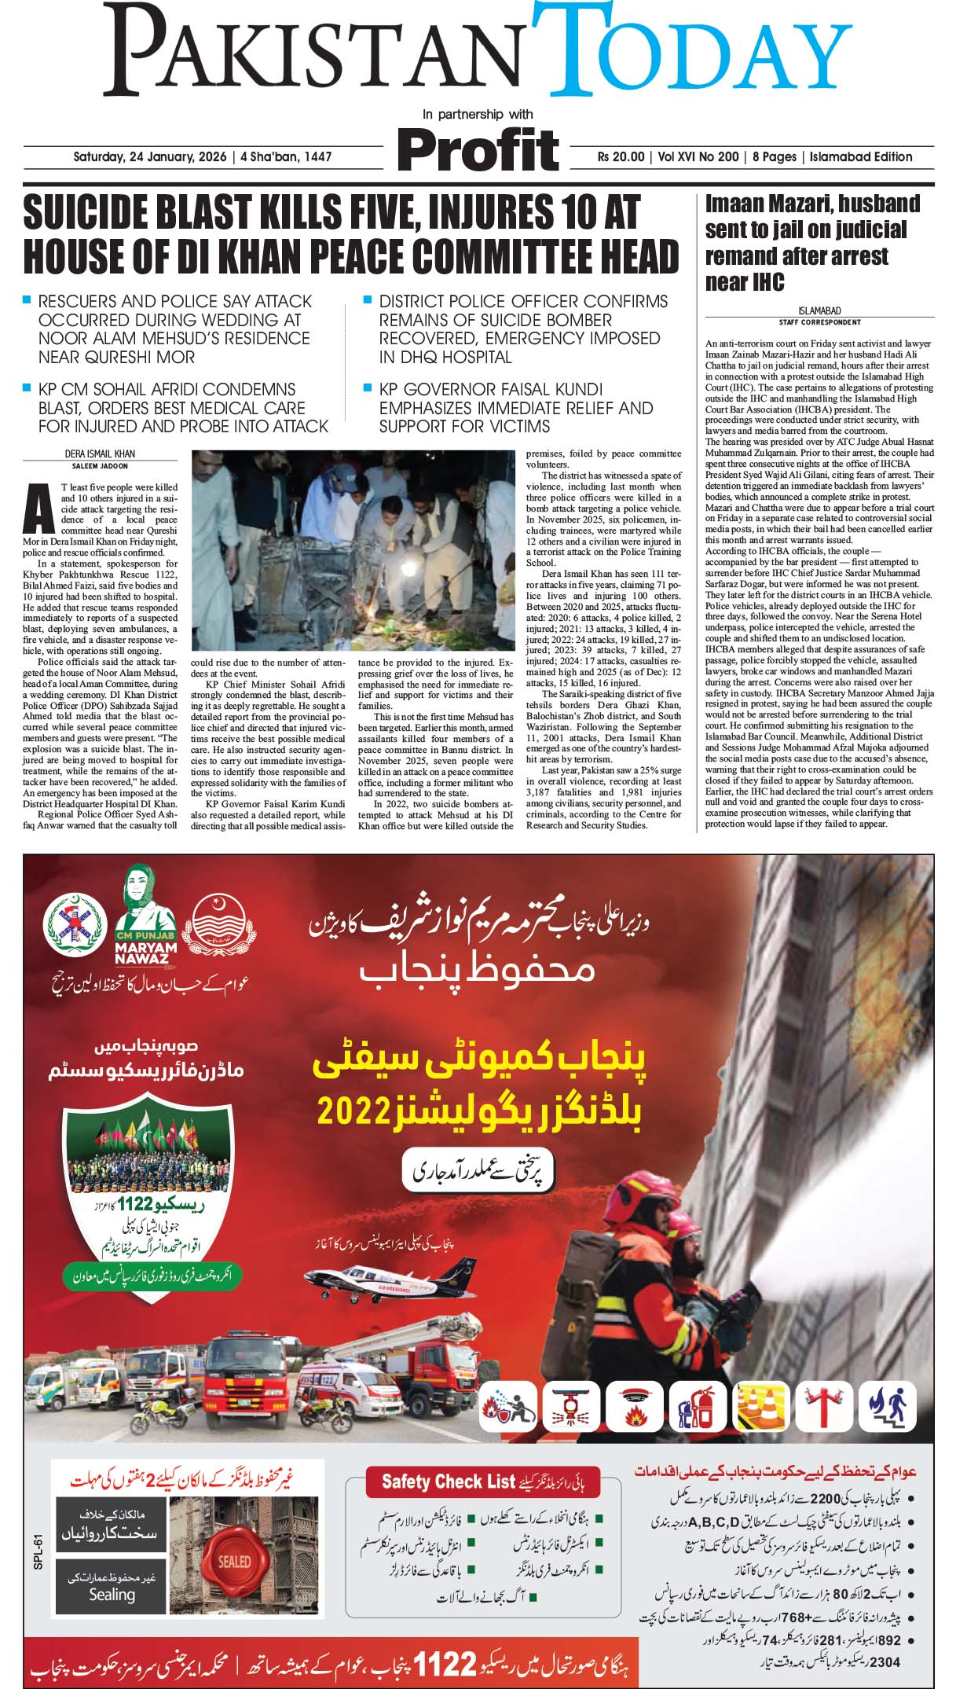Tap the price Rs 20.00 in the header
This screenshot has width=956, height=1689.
(621, 156)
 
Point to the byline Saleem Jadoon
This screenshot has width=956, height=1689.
(101, 465)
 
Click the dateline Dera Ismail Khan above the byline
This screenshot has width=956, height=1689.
(101, 453)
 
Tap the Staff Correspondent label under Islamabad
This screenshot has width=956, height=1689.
(819, 322)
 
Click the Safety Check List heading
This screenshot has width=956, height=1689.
(448, 1482)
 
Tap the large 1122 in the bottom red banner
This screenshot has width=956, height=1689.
(445, 1665)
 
